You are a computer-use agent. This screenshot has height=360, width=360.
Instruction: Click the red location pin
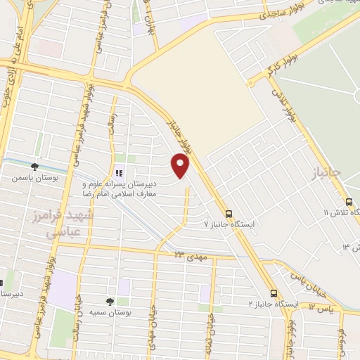(181, 165)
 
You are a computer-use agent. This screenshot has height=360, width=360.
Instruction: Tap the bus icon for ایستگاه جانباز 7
(228, 214)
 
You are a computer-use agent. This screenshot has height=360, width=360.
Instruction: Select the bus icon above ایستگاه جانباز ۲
(274, 293)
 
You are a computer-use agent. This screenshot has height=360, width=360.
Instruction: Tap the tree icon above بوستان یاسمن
(34, 167)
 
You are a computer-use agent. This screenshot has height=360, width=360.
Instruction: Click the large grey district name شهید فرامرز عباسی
(65, 224)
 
